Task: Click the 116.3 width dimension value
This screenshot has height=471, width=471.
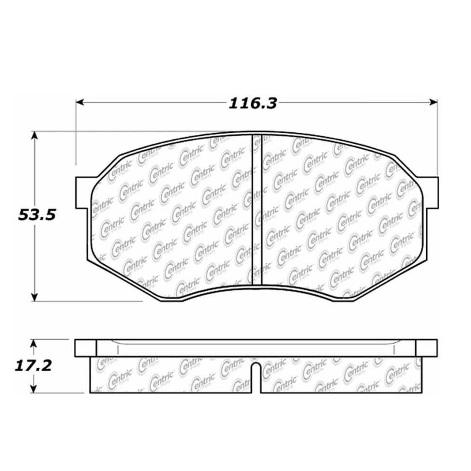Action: point(253,104)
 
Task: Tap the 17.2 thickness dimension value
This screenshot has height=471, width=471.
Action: point(33,366)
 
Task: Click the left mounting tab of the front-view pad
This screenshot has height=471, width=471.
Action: point(81,193)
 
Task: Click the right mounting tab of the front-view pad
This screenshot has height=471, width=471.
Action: point(431,193)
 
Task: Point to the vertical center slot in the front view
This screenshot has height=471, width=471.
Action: point(258,209)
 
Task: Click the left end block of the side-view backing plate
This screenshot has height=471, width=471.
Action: point(86,348)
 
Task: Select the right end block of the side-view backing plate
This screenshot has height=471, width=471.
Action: point(426,348)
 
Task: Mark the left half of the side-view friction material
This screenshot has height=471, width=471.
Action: point(169,375)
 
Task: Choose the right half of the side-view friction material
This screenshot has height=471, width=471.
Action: point(342,375)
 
